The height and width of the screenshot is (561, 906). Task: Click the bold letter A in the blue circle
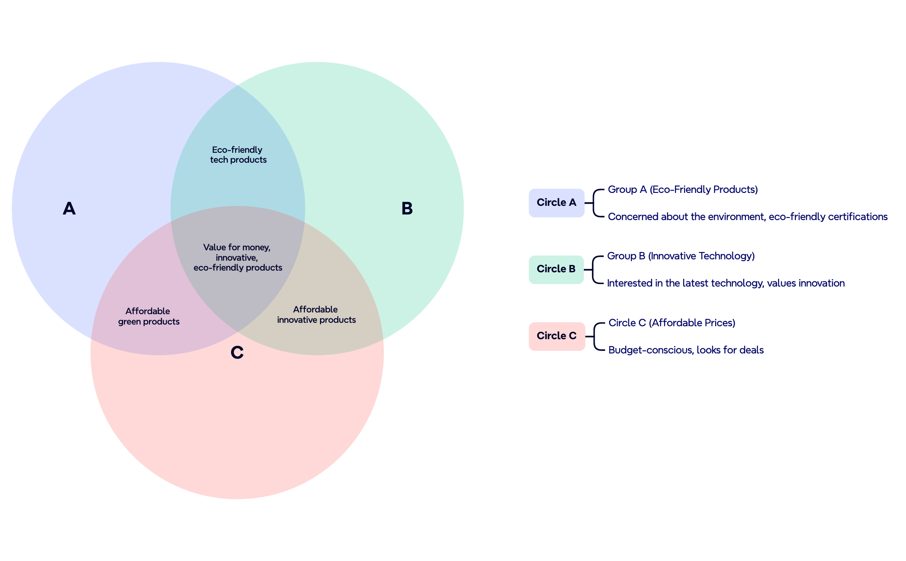[69, 208]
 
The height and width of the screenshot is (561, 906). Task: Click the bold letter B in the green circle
[407, 208]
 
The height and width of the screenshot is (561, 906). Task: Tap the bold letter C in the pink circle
[237, 353]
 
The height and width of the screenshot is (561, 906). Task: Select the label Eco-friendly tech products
[238, 154]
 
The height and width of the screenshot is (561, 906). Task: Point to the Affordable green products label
[149, 316]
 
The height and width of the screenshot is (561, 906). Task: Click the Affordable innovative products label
[316, 315]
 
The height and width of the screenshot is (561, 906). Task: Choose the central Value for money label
[238, 257]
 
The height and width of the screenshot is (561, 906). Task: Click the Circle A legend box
[556, 202]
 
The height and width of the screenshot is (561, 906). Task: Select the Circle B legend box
[556, 269]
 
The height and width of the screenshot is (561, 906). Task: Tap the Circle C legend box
[557, 336]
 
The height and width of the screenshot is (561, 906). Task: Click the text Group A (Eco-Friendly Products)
[682, 189]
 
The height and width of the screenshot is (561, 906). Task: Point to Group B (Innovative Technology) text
[681, 256]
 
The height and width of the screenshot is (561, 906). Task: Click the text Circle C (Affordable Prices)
[672, 323]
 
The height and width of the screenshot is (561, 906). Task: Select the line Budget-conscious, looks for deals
[686, 350]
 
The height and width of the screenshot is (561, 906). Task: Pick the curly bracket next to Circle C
[596, 336]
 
